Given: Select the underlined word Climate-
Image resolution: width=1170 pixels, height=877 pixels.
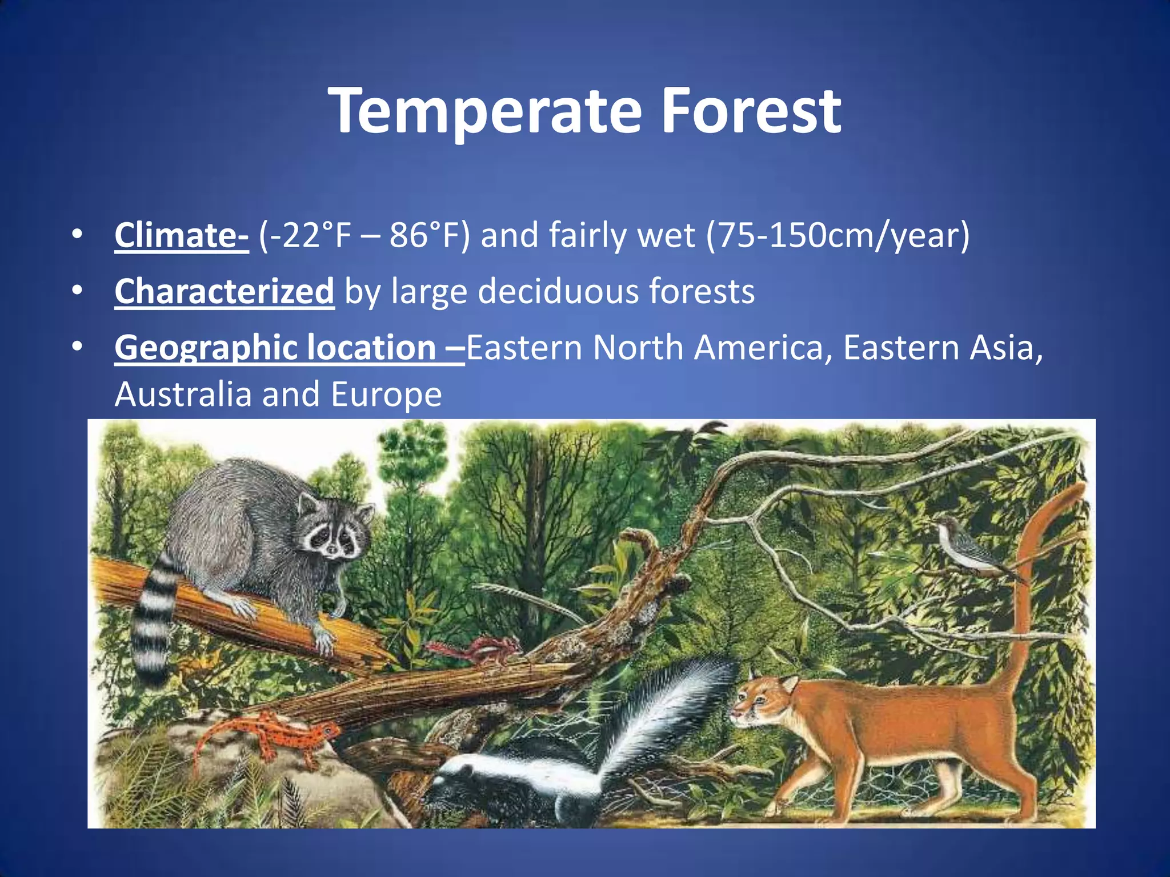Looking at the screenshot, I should tap(181, 235).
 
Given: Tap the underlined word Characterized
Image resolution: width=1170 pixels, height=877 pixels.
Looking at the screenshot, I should tap(224, 291).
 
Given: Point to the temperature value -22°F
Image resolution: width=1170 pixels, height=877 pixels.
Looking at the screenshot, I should tap(306, 235).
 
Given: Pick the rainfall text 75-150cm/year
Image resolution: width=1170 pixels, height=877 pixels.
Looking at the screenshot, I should tap(838, 235).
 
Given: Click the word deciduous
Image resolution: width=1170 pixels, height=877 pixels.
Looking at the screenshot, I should tap(558, 291).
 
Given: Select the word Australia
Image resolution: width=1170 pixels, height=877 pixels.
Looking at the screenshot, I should tap(183, 394).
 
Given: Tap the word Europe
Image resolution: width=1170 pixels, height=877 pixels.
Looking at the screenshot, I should tap(386, 394).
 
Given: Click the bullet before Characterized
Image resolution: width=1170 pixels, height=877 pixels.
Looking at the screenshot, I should tap(77, 291).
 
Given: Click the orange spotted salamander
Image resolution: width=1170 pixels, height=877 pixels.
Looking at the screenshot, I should tap(274, 737).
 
